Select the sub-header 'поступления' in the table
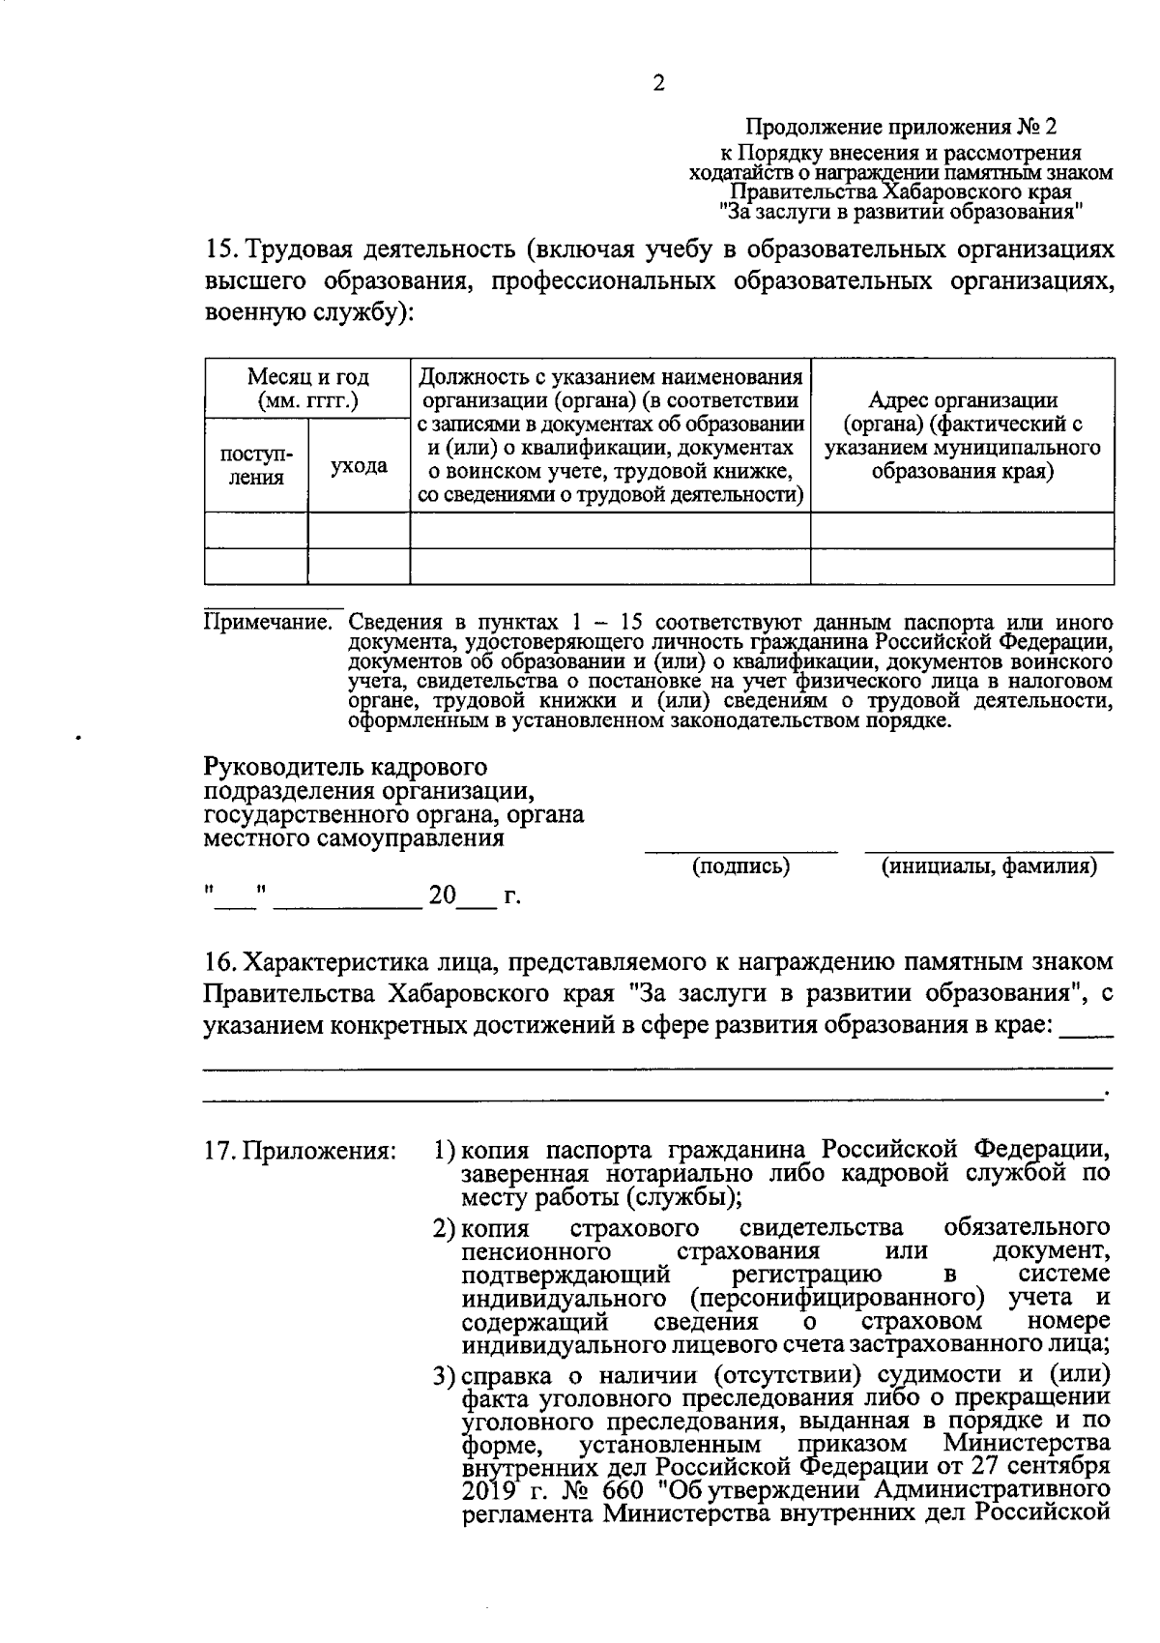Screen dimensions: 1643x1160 256,465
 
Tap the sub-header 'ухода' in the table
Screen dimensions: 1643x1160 359,465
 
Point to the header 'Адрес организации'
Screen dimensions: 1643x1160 962,400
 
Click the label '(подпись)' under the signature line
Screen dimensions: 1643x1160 741,866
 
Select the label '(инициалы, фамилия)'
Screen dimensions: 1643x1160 988,866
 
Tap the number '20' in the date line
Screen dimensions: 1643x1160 442,895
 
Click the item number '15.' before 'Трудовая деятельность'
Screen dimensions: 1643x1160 220,249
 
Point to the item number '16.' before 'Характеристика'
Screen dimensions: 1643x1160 220,962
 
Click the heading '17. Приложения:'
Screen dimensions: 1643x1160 301,1151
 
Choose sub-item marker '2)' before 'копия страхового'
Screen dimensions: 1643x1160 444,1228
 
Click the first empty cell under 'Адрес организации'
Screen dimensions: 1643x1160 962,530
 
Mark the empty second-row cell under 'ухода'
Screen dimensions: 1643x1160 359,566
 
